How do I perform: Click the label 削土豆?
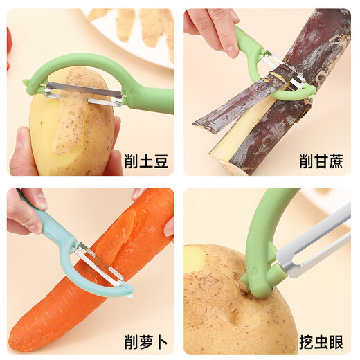coord(146,161)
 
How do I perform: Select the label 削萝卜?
coord(146,341)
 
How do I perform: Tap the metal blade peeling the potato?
coord(83,91)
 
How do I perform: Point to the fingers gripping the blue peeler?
coord(24,215)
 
